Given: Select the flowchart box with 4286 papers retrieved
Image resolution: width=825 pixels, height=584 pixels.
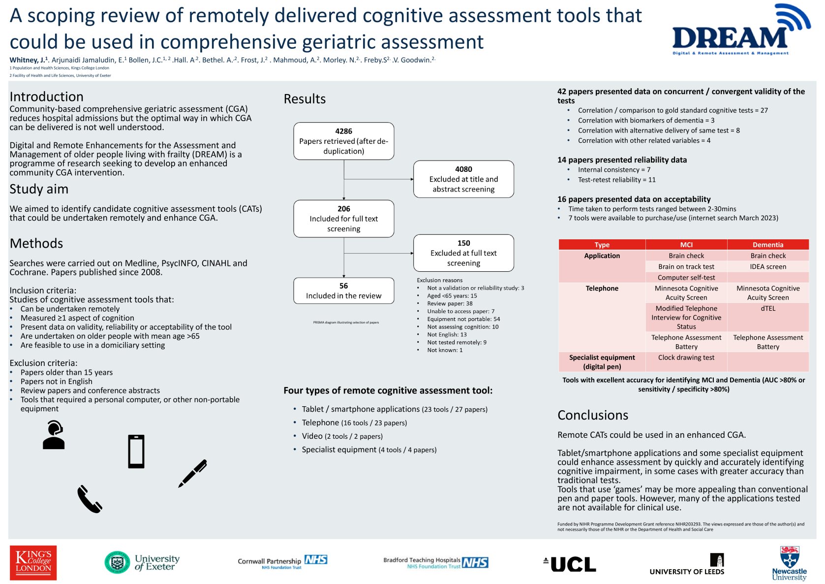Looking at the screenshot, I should (343, 141).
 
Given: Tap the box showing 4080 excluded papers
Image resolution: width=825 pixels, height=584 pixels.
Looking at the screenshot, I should (463, 179).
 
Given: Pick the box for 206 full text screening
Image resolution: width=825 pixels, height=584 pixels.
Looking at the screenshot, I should (343, 219).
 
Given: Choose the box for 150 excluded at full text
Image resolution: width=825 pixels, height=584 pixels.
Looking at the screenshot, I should (463, 253).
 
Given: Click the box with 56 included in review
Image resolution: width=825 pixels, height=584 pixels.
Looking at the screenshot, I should (343, 291).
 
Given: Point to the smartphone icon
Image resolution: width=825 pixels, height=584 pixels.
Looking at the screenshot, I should (136, 452).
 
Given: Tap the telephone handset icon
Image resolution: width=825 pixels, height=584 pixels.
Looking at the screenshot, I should (90, 499).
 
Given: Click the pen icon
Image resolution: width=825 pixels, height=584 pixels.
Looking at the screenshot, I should (193, 473).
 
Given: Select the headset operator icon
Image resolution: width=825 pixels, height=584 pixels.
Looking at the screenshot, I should (54, 435).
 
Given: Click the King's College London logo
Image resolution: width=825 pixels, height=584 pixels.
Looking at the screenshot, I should (33, 562).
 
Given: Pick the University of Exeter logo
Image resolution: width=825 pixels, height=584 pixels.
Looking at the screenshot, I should (142, 562).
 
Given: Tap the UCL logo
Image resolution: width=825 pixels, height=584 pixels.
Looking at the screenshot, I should (570, 564).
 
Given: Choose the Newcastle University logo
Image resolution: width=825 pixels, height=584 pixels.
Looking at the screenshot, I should (789, 563).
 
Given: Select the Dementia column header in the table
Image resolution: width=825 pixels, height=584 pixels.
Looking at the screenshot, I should (767, 245).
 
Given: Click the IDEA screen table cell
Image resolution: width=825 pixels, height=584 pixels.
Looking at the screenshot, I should (767, 267).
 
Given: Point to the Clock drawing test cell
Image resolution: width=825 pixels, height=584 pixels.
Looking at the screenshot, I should (686, 358).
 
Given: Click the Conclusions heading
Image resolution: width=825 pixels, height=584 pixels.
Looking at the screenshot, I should (593, 415).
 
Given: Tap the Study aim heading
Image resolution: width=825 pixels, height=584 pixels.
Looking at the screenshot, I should (39, 189).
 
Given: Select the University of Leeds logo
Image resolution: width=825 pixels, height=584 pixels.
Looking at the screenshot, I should (687, 565).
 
